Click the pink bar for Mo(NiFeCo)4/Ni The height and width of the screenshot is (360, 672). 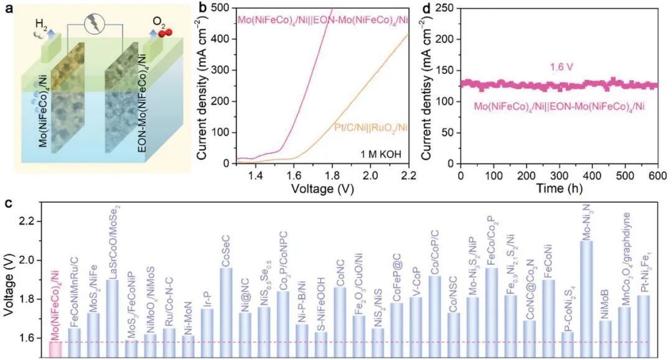pos(55,349)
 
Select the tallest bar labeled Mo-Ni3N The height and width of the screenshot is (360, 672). pos(586,298)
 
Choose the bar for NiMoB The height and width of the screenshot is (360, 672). pos(605,339)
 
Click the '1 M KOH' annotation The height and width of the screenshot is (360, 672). pos(379,153)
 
